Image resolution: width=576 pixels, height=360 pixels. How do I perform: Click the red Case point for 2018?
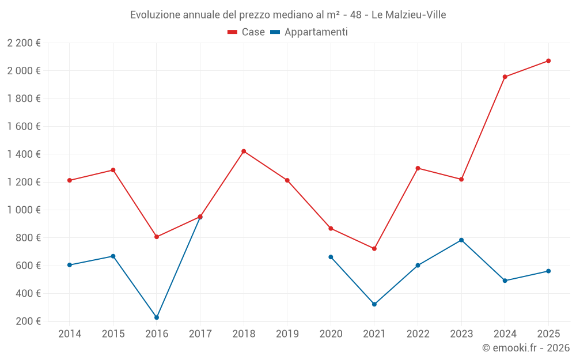[x=244, y=151]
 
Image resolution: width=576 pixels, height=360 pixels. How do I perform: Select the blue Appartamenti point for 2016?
[x=157, y=317]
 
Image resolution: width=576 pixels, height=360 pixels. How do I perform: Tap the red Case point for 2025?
[x=548, y=60]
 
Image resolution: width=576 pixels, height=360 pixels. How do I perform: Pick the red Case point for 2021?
[x=374, y=249]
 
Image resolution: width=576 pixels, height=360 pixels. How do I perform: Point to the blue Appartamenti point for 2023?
[x=461, y=240]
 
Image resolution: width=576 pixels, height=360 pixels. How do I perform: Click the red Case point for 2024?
[x=505, y=77]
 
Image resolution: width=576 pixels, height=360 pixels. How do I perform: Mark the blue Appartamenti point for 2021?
[x=374, y=304]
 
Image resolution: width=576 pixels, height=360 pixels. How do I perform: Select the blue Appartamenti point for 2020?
[x=331, y=257]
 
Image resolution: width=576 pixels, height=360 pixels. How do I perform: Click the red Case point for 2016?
[x=157, y=237]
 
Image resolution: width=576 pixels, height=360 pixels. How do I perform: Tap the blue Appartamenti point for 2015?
[x=113, y=256]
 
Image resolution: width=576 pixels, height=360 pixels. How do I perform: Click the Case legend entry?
[x=247, y=32]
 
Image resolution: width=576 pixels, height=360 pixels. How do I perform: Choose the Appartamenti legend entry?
[x=309, y=32]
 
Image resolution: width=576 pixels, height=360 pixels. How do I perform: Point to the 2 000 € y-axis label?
[x=24, y=71]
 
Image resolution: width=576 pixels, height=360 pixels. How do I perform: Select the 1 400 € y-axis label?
[x=24, y=154]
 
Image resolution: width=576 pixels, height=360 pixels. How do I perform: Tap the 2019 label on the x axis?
[x=287, y=334]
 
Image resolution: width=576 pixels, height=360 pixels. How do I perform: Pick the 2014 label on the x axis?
[x=70, y=334]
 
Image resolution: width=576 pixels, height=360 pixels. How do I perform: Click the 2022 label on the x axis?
[x=418, y=334]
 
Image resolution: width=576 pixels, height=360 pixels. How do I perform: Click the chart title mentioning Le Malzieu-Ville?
[x=288, y=15]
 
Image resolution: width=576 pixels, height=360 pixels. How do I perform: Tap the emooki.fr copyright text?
[x=525, y=348]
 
